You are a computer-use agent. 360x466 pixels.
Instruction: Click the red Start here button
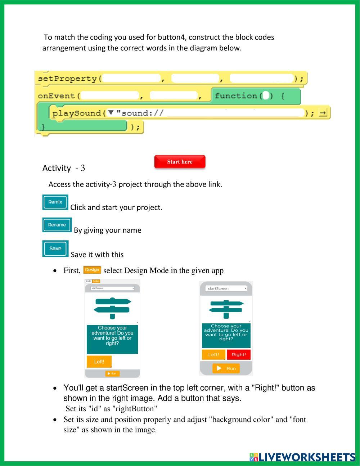tap(180, 162)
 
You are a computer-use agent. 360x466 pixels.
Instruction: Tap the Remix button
tap(55, 202)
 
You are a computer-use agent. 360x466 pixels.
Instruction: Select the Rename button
tap(57, 225)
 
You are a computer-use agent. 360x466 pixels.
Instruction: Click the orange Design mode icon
tap(92, 270)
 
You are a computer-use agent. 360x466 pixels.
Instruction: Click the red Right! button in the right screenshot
tap(239, 355)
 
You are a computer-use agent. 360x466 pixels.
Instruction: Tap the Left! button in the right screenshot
tap(213, 355)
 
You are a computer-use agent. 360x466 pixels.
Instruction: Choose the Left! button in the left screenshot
tap(99, 362)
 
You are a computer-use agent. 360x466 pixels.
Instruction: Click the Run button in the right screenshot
tap(226, 368)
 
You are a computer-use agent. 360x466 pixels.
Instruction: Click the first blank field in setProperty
tap(131, 79)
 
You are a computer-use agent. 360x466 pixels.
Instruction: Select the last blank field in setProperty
tap(261, 79)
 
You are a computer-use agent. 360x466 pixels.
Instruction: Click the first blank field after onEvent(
tap(110, 96)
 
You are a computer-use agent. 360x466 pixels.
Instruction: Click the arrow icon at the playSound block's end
tap(323, 113)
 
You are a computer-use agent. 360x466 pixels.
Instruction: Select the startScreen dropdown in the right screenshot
tap(226, 288)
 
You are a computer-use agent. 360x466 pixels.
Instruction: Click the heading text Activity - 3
tap(64, 168)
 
